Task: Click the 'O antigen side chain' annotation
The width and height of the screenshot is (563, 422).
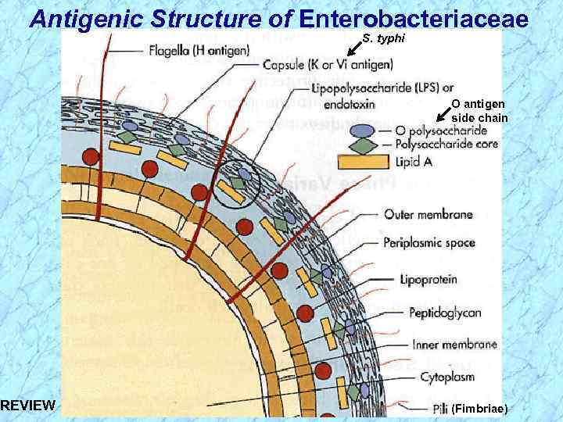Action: coord(479,110)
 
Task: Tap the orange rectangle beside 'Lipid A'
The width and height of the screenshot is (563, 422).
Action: coord(363,162)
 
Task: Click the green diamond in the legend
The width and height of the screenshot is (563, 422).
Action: coord(362,145)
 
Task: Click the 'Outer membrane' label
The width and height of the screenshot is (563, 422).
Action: coord(429,214)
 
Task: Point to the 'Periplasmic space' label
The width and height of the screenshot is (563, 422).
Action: coord(429,242)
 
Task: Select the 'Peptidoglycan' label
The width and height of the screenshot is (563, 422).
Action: coord(444,313)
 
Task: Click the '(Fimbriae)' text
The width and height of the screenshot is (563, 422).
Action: coord(479,409)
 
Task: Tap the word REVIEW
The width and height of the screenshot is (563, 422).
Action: coord(28,405)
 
